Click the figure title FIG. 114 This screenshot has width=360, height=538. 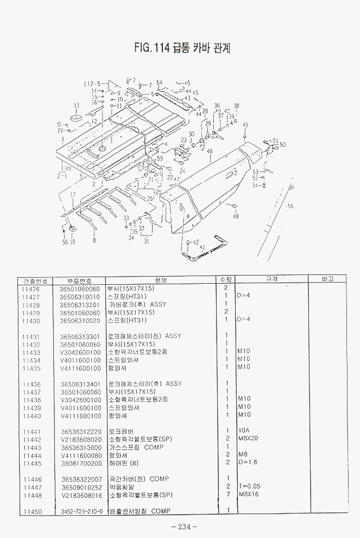coord(182,48)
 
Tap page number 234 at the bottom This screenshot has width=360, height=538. coord(184,526)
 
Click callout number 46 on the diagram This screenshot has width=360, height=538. coord(210,152)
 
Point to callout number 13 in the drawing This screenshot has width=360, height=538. coord(77,105)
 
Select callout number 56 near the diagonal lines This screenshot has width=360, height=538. coord(290,206)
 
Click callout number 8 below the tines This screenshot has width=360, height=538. coord(94,240)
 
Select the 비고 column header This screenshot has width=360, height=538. coord(327,279)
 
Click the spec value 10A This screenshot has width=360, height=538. coord(244,431)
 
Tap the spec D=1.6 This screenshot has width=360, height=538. coord(248,463)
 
